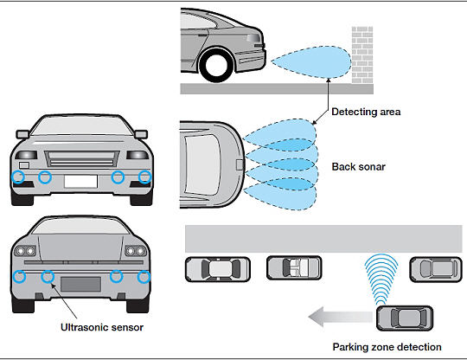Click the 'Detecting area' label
coord(366,112)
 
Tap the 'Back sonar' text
coord(359,167)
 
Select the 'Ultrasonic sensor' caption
coord(102,327)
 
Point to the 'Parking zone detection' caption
coord(387,347)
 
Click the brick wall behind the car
coord(362,55)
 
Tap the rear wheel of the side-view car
coord(216,64)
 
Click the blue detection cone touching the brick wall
coord(311,62)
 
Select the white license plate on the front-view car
coord(80,181)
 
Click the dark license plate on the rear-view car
coord(80,284)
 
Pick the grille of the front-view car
coord(81,158)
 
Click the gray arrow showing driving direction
coord(340,317)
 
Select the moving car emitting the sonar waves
coord(405,318)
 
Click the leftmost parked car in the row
coord(218,269)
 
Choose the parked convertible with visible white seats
coord(294,267)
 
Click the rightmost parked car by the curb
coord(436,269)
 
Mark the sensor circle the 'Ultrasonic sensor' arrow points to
coord(48,277)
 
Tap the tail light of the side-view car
coord(253,38)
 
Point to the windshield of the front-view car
coord(82,126)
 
